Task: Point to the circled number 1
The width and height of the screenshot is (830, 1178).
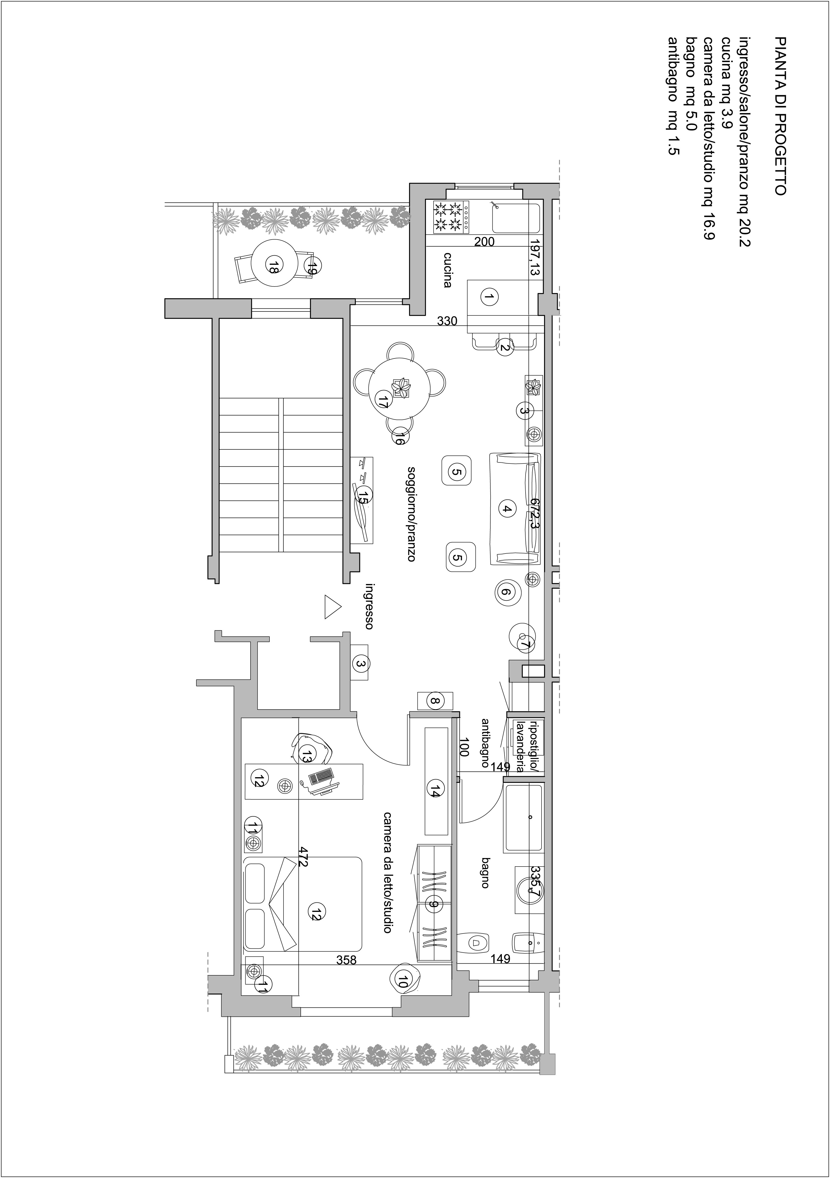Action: pyautogui.click(x=489, y=296)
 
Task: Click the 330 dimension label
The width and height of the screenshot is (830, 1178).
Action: pyautogui.click(x=447, y=322)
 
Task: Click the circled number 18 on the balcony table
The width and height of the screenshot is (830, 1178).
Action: pyautogui.click(x=273, y=266)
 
